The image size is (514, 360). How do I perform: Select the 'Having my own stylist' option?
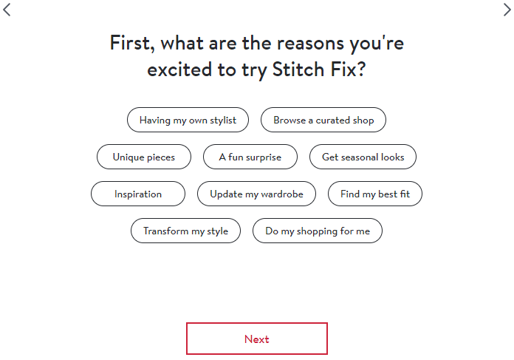(x=188, y=120)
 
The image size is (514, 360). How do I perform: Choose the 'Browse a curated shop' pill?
(x=323, y=120)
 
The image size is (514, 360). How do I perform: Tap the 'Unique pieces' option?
(x=144, y=157)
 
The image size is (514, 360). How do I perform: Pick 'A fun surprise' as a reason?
(x=250, y=157)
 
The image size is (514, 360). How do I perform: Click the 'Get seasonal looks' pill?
(x=363, y=157)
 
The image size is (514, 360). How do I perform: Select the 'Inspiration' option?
(x=138, y=194)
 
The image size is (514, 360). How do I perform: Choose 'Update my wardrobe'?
(x=256, y=194)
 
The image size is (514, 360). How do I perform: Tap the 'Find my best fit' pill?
(x=375, y=194)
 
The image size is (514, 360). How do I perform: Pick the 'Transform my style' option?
(x=185, y=231)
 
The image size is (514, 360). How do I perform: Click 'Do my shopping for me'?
(x=318, y=231)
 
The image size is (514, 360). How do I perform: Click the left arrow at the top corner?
(x=7, y=10)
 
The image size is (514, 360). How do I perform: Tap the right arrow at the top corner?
(x=507, y=10)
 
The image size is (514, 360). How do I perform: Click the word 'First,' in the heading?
(x=131, y=43)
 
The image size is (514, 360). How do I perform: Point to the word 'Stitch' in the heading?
(x=303, y=70)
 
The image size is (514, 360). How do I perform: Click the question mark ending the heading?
(x=362, y=70)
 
